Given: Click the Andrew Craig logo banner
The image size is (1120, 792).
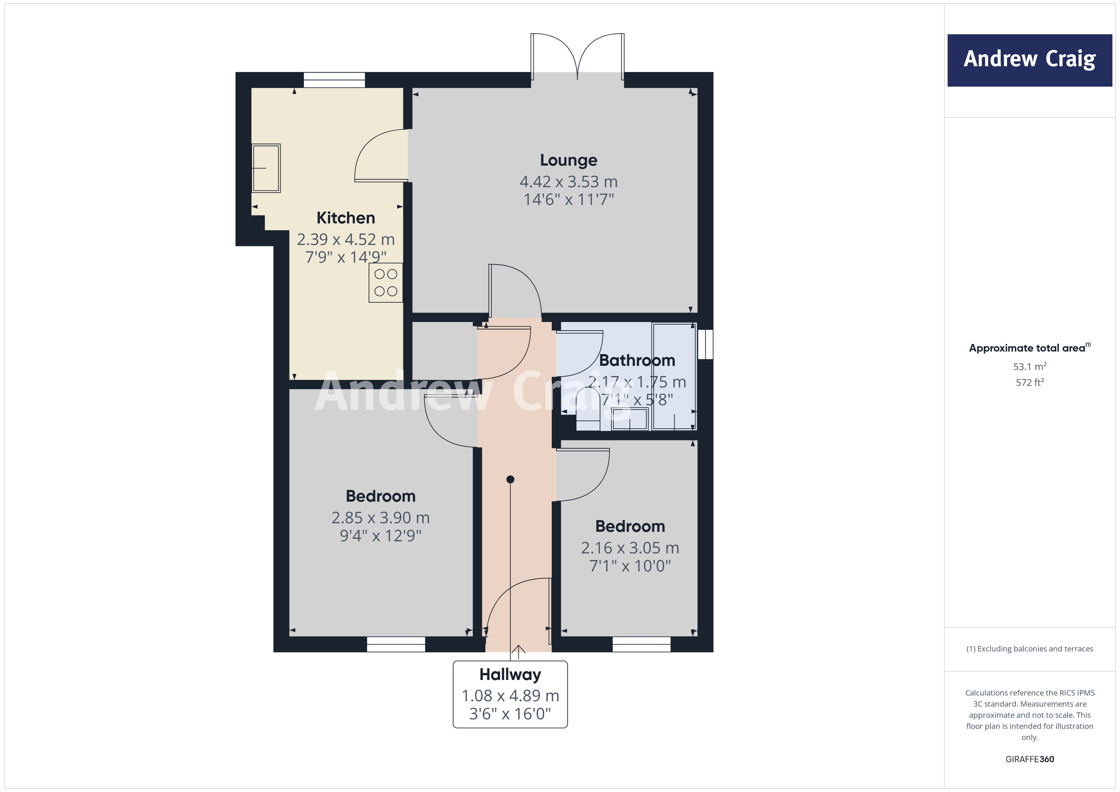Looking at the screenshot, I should (x=1029, y=60).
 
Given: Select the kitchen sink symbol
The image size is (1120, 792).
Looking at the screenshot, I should (x=266, y=168).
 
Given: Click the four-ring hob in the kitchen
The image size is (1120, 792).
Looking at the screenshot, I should (x=385, y=283).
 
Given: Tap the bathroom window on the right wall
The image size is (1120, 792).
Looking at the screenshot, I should (x=705, y=344).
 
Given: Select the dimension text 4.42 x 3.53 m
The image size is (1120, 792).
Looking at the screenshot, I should (x=568, y=182).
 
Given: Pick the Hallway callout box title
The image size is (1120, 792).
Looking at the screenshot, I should (x=510, y=675).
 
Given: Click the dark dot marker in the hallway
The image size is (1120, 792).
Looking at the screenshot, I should (x=510, y=479).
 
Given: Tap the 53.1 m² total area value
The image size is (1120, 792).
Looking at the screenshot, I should (x=1029, y=366).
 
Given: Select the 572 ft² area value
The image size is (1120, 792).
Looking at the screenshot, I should (x=1029, y=382).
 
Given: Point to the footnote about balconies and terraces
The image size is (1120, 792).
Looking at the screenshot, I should (x=1029, y=648).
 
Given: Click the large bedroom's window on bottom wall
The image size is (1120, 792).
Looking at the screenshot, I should (x=396, y=644).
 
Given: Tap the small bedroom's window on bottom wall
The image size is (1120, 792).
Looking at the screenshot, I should (x=641, y=644).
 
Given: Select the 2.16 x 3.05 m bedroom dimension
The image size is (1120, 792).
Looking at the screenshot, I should (x=630, y=548).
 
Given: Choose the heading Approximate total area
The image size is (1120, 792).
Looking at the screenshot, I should (x=1027, y=348).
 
